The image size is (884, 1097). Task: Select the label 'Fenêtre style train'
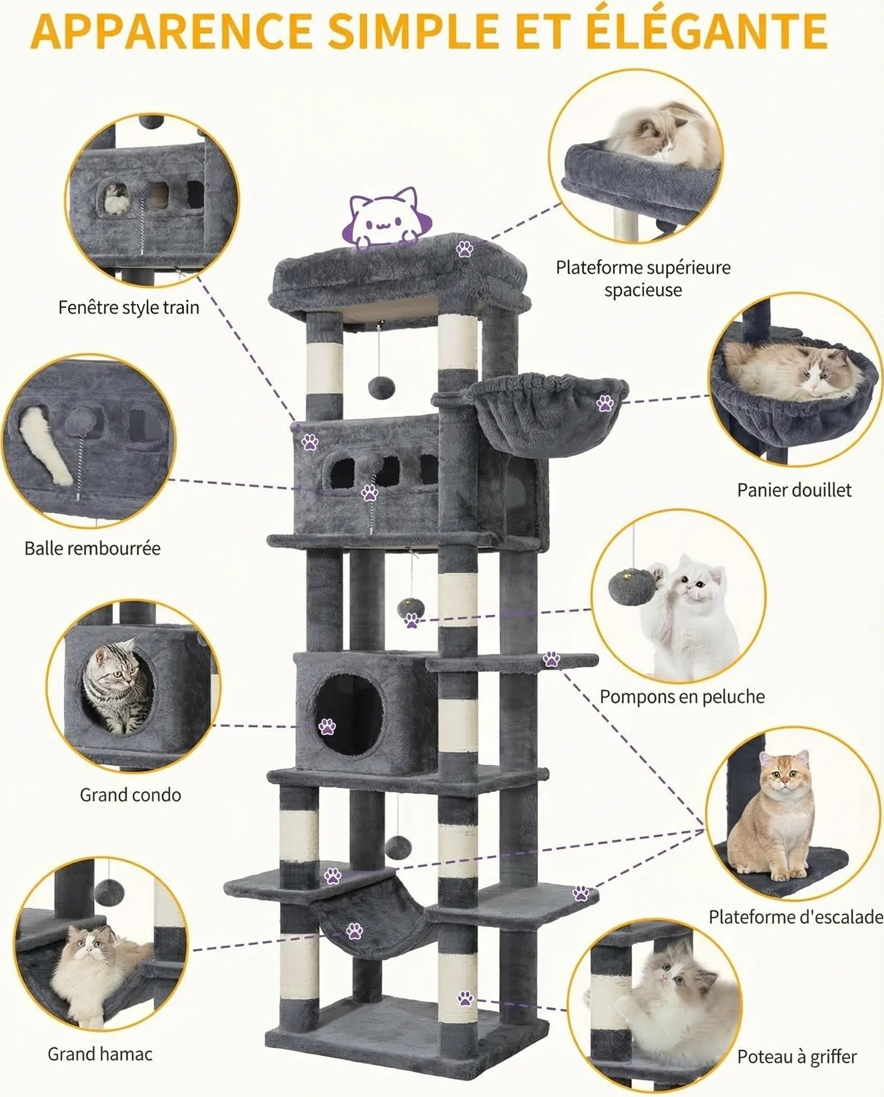pyautogui.click(x=128, y=308)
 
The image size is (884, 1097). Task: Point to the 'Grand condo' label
pyautogui.click(x=131, y=795)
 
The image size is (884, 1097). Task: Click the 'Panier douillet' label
pyautogui.click(x=794, y=490)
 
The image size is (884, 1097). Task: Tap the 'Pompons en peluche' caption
pyautogui.click(x=682, y=697)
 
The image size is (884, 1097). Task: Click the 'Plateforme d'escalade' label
pyautogui.click(x=795, y=917)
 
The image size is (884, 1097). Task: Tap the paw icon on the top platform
pyautogui.click(x=464, y=249)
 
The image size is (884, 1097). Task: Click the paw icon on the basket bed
pyautogui.click(x=605, y=404)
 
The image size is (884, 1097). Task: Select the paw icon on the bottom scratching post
pyautogui.click(x=465, y=998)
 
